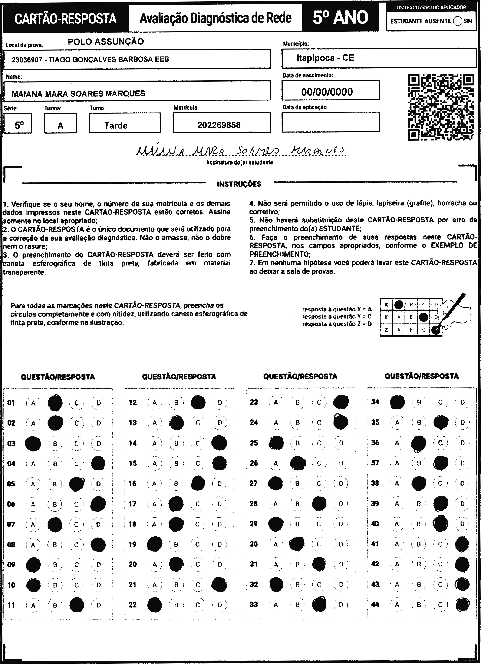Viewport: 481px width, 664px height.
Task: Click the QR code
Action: pos(441,107)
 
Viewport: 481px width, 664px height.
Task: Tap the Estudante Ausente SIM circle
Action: pos(457,21)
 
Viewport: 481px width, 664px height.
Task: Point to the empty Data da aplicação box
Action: pos(330,122)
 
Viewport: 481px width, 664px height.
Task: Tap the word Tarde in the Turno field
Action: pos(116,126)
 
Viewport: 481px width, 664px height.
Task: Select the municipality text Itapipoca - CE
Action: pos(325,58)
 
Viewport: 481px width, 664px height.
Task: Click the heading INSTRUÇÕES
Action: pos(239,184)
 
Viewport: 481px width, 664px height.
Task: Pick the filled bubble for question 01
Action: pos(55,403)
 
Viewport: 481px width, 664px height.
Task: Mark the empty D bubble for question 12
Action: pos(220,403)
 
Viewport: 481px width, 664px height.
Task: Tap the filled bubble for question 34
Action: pos(397,402)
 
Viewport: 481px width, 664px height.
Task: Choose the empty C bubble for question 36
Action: pos(440,443)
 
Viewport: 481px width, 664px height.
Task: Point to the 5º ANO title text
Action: pos(340,18)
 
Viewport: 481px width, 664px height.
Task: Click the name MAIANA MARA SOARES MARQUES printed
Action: pos(78,94)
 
